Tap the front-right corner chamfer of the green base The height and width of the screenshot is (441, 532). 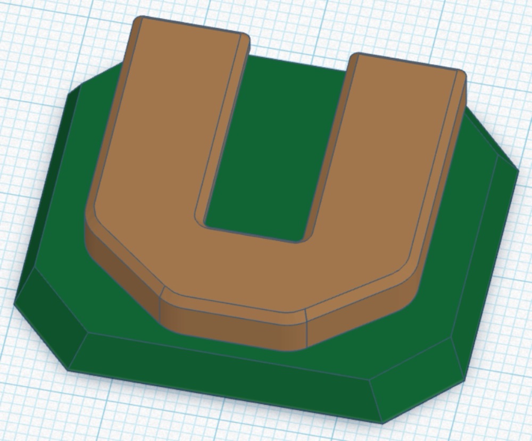tap(417, 380)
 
